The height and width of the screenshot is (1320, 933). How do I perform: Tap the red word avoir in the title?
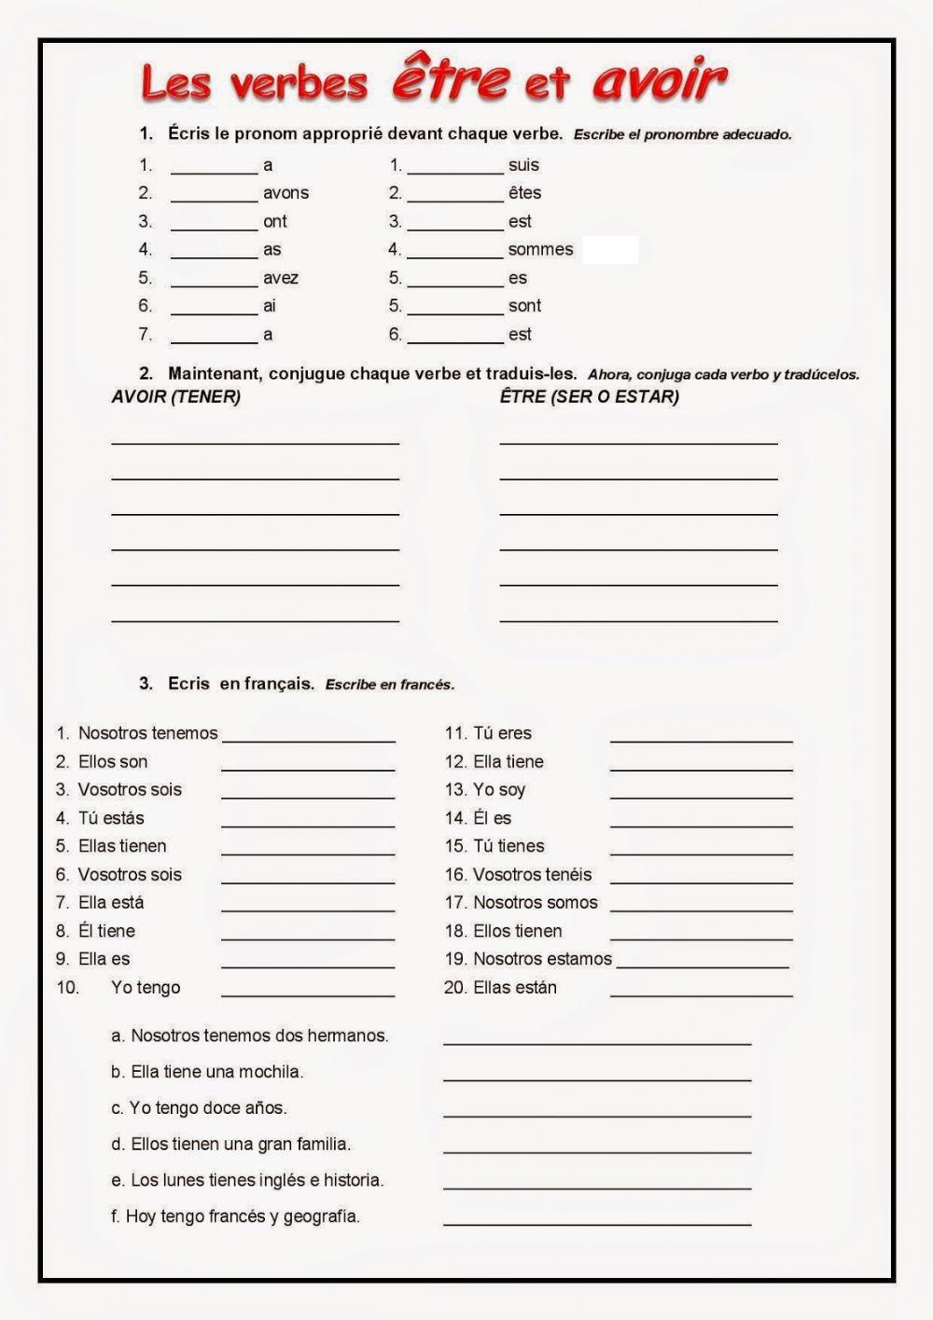659,80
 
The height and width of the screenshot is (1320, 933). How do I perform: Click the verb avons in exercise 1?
285,193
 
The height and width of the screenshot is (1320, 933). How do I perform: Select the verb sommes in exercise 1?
540,249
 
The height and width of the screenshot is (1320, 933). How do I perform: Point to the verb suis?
523,165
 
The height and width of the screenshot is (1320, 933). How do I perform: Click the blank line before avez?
214,284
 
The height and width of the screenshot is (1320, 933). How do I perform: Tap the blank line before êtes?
455,199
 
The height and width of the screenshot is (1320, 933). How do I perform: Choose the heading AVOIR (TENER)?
175,396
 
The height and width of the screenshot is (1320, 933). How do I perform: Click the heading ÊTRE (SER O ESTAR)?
589,396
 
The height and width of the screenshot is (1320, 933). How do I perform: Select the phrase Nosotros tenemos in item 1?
147,733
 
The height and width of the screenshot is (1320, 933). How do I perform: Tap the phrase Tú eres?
502,733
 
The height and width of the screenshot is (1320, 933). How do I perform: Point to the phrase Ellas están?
514,987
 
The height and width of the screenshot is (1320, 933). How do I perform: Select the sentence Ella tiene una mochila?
216,1072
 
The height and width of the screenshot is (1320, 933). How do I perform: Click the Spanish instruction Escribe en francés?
390,685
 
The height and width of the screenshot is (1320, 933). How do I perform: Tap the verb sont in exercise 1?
524,306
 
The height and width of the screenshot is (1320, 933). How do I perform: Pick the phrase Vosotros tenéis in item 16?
532,874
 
